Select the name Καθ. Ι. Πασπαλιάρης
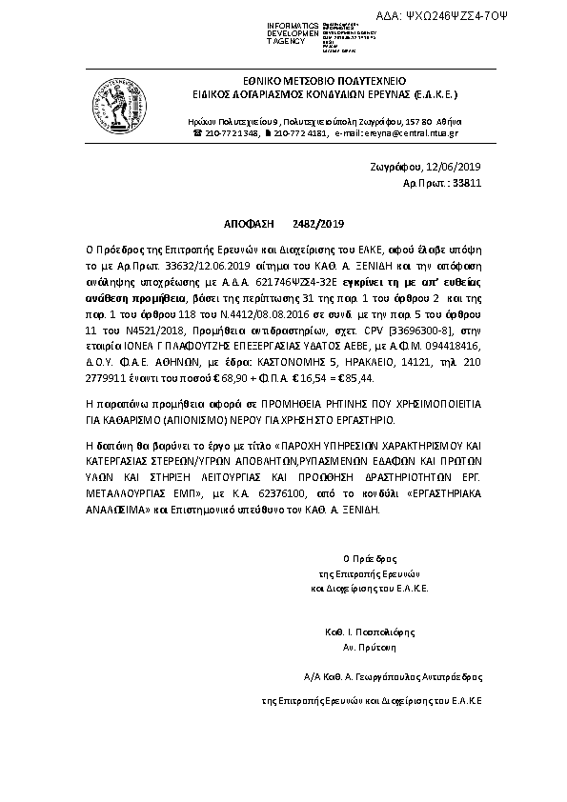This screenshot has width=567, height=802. [x=367, y=631]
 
